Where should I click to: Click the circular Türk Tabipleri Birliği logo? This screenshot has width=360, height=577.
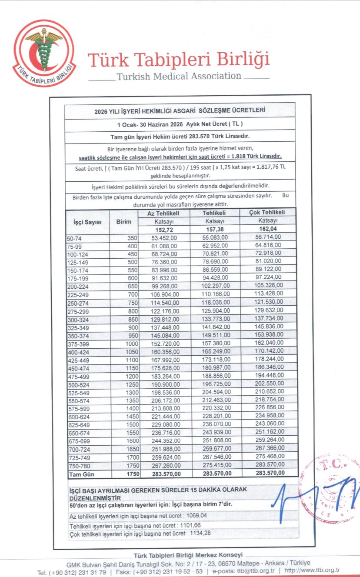[x=43, y=53]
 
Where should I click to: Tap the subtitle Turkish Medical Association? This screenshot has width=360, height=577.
[x=179, y=76]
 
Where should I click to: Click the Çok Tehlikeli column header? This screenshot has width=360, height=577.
[x=267, y=213]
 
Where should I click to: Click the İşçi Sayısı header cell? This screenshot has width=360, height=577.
[x=87, y=221]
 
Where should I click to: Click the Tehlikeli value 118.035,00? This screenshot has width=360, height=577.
[x=213, y=303]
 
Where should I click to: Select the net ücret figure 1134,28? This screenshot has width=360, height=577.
[x=202, y=534]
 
